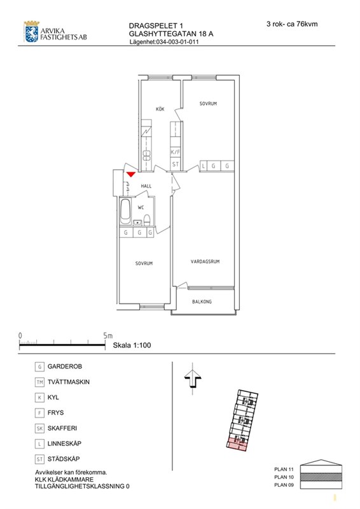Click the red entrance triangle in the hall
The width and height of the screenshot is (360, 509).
click(x=131, y=174)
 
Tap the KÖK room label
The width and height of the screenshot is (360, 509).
click(x=160, y=109)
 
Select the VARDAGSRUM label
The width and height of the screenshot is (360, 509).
click(x=205, y=261)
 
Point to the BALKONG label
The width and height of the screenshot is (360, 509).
click(x=202, y=302)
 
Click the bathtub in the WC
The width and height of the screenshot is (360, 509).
click(x=126, y=211)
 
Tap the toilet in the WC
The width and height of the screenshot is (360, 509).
click(x=147, y=220)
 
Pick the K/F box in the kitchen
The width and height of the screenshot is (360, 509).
click(x=176, y=152)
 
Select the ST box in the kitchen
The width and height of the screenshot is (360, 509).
click(x=176, y=164)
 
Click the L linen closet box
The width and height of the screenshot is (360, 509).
click(x=204, y=166)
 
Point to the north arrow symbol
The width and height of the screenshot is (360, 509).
click(x=193, y=379)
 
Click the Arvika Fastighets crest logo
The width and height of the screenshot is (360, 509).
click(x=32, y=32)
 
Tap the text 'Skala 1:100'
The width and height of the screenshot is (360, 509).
click(x=132, y=345)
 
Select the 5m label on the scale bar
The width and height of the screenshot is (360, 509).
click(x=108, y=336)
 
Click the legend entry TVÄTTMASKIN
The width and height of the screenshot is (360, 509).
click(x=69, y=382)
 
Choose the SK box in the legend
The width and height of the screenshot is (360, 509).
click(x=39, y=428)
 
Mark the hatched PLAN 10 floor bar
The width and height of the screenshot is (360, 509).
click(x=321, y=477)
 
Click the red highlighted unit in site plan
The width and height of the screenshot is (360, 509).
click(x=237, y=444)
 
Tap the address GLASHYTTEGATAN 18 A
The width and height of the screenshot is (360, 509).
click(x=171, y=34)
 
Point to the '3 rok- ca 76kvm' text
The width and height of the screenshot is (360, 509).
click(x=292, y=24)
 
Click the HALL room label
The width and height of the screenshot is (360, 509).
click(x=146, y=186)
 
